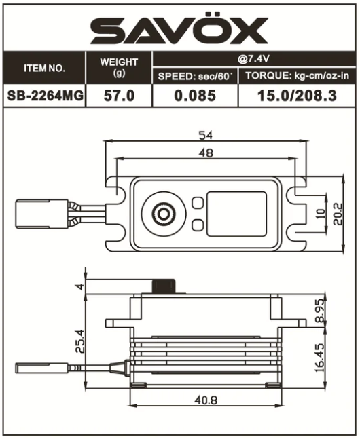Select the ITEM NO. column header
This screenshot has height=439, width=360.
pos(44,69)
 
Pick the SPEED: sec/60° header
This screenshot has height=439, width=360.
pos(196,76)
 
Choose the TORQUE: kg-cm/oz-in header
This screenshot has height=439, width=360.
pos(298,76)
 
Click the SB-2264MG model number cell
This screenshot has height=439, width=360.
pos(45,96)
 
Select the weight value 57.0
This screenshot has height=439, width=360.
pos(119,96)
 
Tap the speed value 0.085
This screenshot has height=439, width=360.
pos(195,96)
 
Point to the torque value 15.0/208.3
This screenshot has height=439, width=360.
pos(298,96)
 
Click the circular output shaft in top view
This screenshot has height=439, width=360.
pos(164,214)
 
